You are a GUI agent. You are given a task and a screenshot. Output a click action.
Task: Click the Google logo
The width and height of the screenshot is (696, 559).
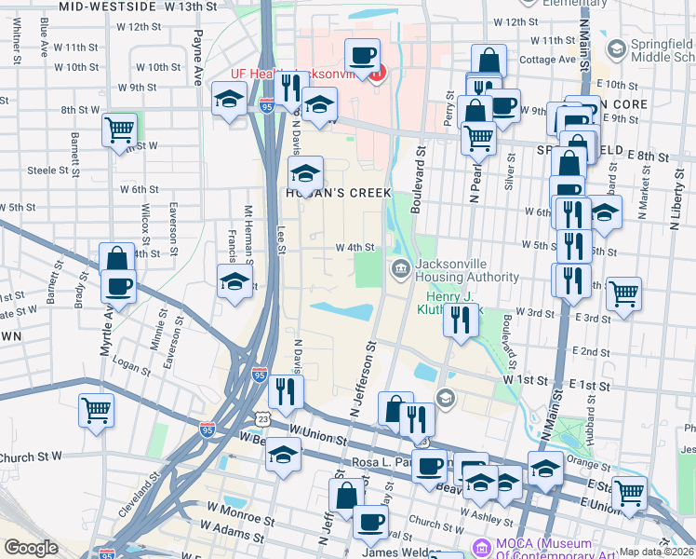coord(30,548)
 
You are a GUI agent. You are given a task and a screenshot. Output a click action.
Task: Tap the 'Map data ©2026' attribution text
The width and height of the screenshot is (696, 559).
coord(657,552)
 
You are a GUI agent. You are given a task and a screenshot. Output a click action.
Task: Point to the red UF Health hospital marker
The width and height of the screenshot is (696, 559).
coord(376,73)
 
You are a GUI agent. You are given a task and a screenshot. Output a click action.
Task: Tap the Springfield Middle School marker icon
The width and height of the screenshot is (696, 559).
coord(615,47)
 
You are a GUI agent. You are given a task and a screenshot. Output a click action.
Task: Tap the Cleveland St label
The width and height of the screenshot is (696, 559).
coord(143,498)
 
